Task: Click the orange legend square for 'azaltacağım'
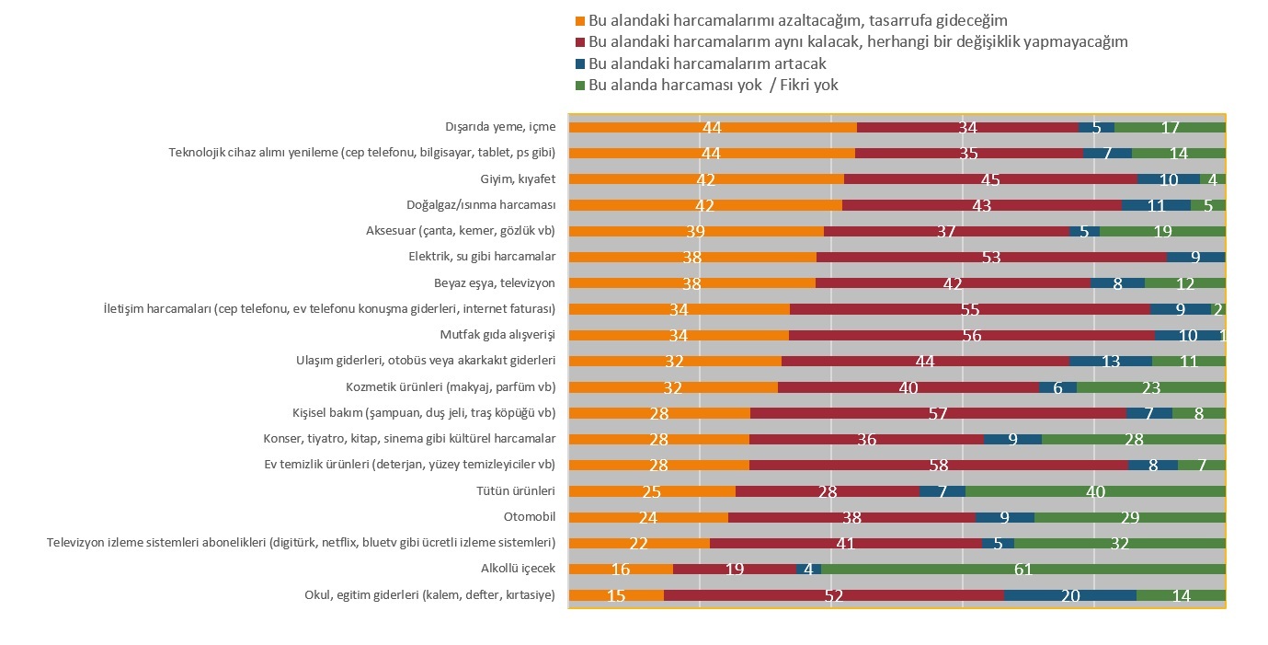(x=580, y=20)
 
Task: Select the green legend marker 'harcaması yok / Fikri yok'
(x=580, y=86)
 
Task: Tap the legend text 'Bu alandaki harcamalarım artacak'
(x=707, y=63)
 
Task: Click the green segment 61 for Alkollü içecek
(x=1022, y=570)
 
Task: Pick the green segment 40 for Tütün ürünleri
(x=1095, y=491)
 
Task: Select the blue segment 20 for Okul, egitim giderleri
(x=1069, y=595)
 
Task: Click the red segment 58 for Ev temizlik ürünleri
(x=938, y=466)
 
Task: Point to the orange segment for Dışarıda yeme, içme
(x=713, y=127)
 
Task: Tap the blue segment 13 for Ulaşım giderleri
(x=1111, y=362)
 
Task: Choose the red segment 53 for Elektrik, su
(x=991, y=258)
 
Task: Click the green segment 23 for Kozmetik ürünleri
(x=1150, y=387)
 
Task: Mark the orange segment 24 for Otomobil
(x=648, y=517)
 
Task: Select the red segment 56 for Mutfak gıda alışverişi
(x=971, y=336)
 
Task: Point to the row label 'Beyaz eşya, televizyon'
(x=495, y=282)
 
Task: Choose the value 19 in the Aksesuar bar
(x=1162, y=232)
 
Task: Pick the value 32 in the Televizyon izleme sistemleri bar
(x=1119, y=544)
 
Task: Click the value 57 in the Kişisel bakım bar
(x=938, y=413)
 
